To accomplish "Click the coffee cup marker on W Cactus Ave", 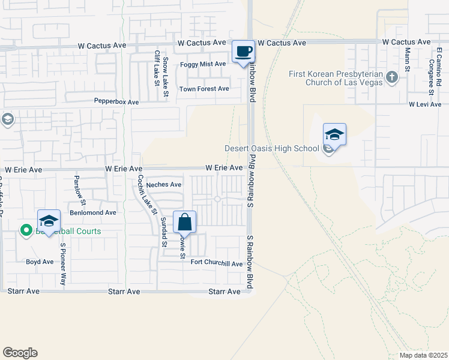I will pyautogui.click(x=243, y=51).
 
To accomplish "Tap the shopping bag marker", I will pyautogui.click(x=185, y=222).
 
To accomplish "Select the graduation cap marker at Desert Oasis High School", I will pyautogui.click(x=334, y=134).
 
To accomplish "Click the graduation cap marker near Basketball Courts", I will pyautogui.click(x=49, y=220).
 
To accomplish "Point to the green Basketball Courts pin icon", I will pyautogui.click(x=26, y=230).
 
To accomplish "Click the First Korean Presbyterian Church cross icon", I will pyautogui.click(x=391, y=77).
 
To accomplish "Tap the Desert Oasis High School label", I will pyautogui.click(x=272, y=149).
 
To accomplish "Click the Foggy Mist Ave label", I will pyautogui.click(x=203, y=64).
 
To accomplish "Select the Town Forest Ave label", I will pyautogui.click(x=204, y=89).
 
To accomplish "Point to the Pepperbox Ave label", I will pyautogui.click(x=116, y=102).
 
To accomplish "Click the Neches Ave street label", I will pyautogui.click(x=164, y=185).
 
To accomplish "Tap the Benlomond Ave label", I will pyautogui.click(x=93, y=212).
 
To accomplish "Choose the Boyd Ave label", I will pyautogui.click(x=40, y=262).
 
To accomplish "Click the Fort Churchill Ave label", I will pyautogui.click(x=217, y=263).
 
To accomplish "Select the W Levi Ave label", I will pyautogui.click(x=425, y=104).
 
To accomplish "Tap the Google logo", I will pyautogui.click(x=20, y=353).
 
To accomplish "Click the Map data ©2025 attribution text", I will pyautogui.click(x=424, y=355).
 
